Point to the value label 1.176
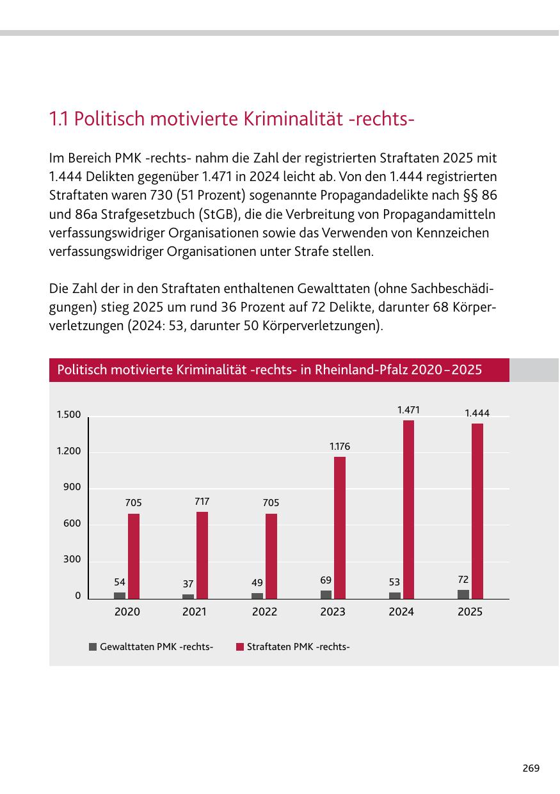tap(340, 447)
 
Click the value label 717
tap(202, 501)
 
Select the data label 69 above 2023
tap(326, 580)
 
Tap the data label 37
tap(188, 584)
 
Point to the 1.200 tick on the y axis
tap(69, 451)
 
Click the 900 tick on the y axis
tap(72, 487)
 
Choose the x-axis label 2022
tap(264, 612)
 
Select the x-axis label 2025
tap(470, 612)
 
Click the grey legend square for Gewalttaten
tap(93, 647)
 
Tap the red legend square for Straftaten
tap(240, 647)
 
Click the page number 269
tap(531, 768)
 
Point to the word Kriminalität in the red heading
tap(293, 118)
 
